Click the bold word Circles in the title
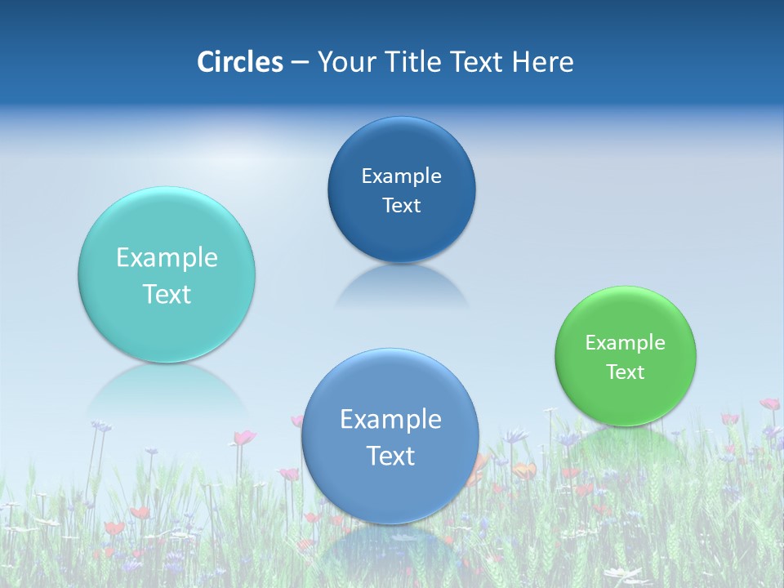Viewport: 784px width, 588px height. click(x=239, y=62)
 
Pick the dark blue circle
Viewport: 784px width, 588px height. click(x=401, y=147)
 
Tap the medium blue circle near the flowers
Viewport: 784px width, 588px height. click(x=390, y=490)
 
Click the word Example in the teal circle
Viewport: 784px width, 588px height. click(x=167, y=258)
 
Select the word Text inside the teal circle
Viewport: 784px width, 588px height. click(x=167, y=294)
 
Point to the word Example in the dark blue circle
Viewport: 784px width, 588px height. click(x=401, y=176)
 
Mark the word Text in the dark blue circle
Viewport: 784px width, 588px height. click(x=401, y=205)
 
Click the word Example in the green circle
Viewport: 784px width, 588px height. click(x=625, y=343)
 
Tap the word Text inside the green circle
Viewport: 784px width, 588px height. click(x=626, y=372)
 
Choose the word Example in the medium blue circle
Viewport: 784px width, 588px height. click(x=390, y=420)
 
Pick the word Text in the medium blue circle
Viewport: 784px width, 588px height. click(x=390, y=456)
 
